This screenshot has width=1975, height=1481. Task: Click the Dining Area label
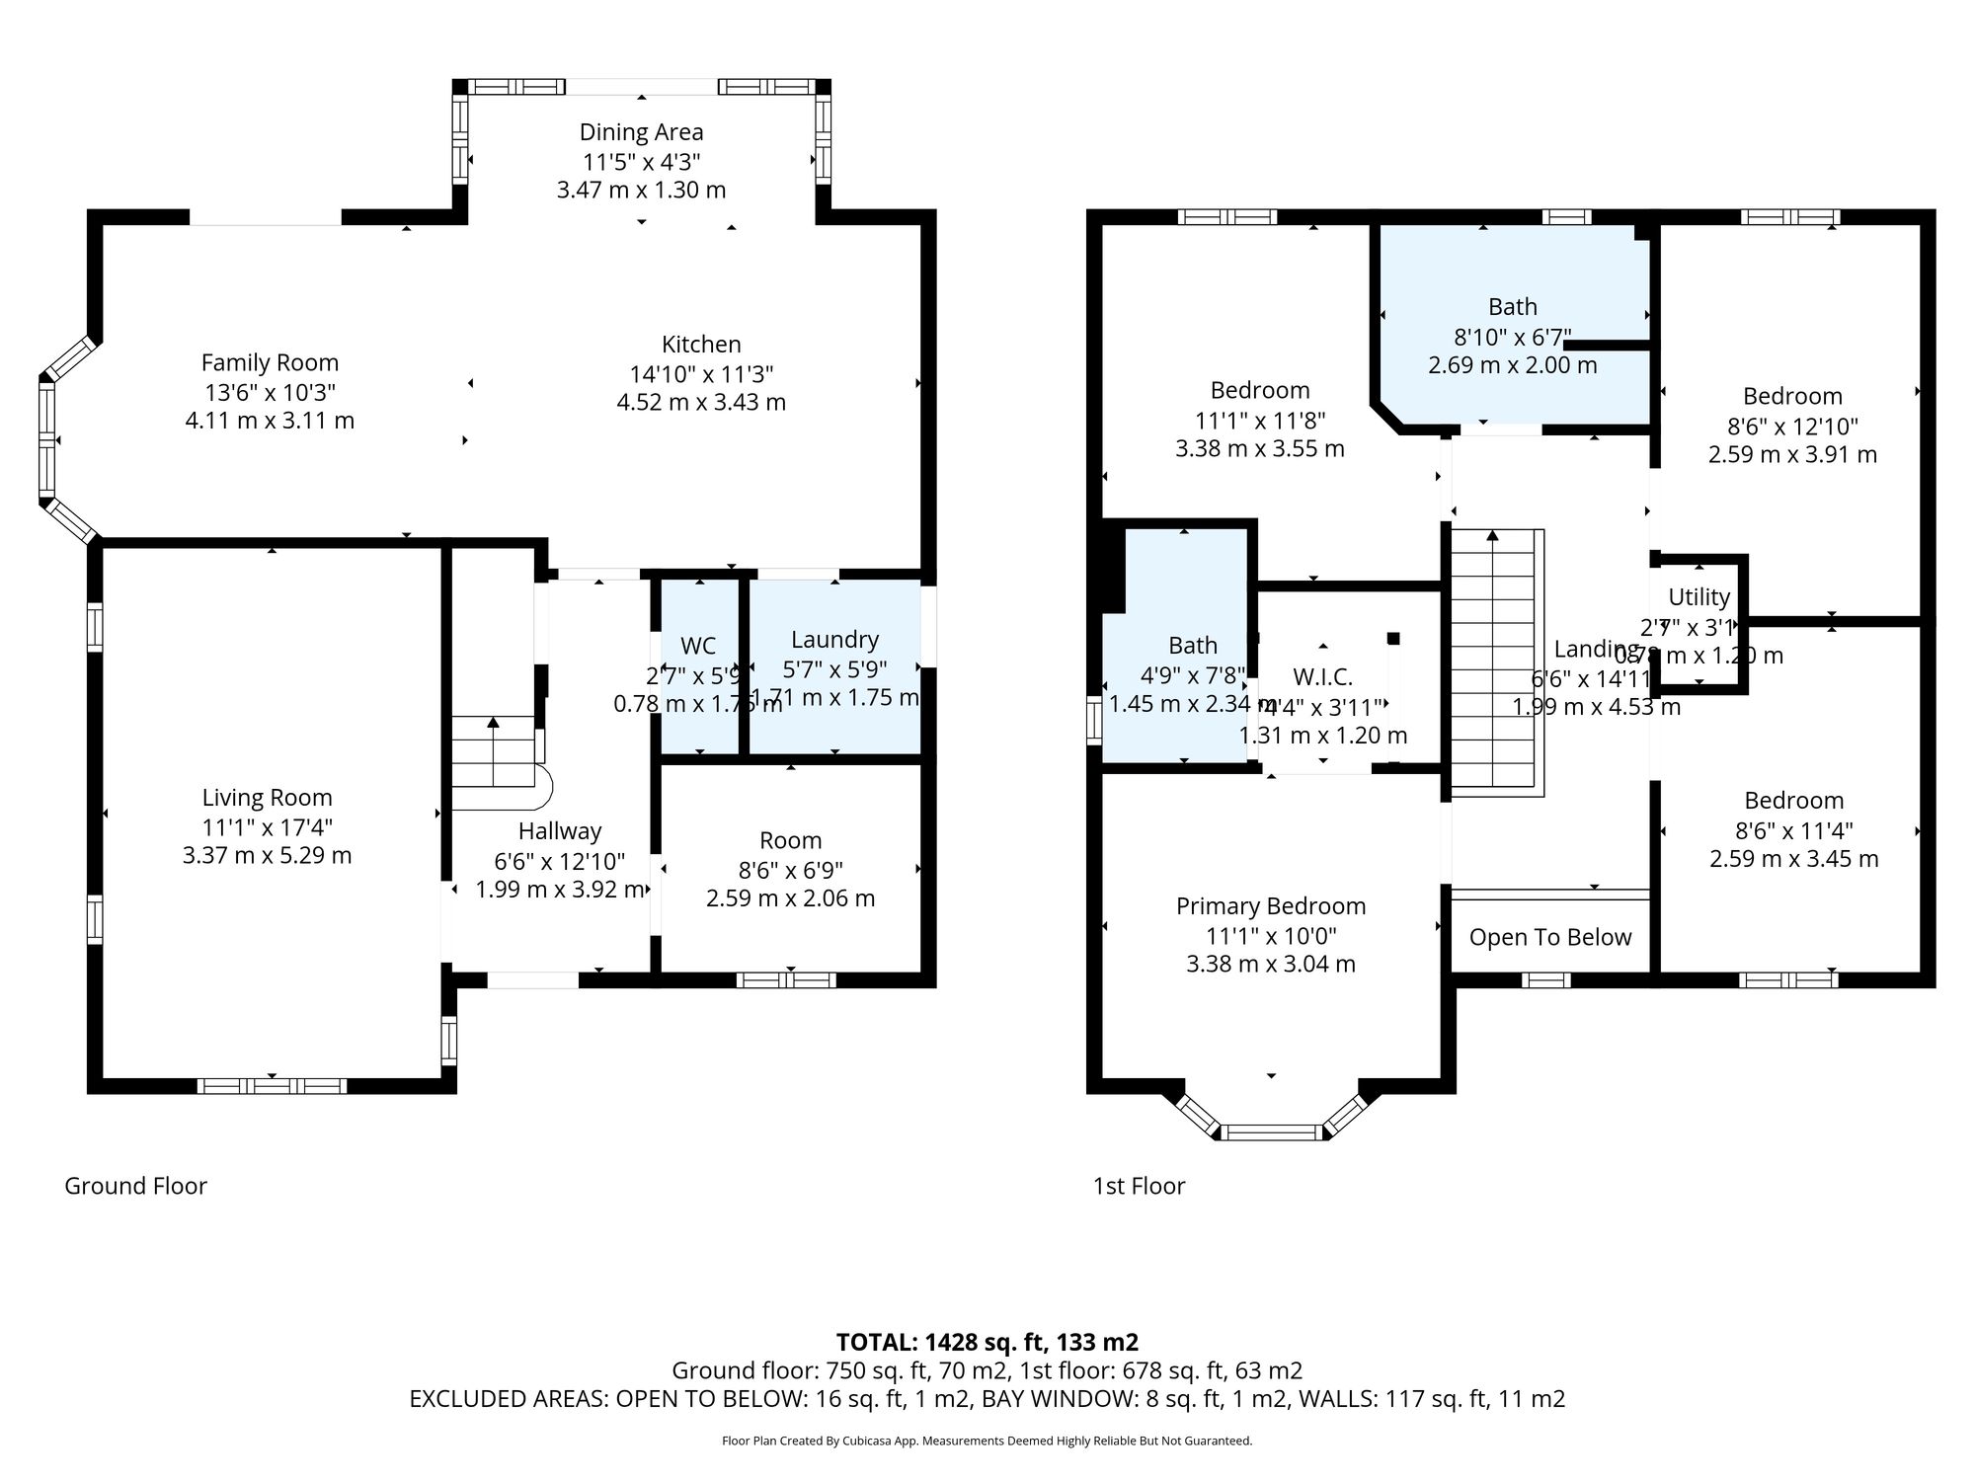641,132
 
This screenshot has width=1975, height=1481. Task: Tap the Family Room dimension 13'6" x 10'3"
269,392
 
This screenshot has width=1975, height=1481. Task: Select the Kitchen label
701,345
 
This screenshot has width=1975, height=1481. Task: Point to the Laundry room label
834,640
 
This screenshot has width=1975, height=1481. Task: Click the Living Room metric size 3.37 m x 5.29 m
267,855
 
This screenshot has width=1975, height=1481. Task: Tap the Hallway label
560,831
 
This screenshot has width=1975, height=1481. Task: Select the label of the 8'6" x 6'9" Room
790,840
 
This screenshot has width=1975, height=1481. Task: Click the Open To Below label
1550,937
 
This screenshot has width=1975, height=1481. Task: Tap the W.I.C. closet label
1322,677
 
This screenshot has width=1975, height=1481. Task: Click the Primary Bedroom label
1271,906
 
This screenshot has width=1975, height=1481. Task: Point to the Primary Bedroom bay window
1271,1131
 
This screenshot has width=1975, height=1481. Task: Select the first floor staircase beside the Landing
1494,662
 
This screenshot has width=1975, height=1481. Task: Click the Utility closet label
1698,597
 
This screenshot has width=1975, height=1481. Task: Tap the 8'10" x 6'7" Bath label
1512,307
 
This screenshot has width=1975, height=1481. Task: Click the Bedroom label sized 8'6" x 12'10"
1792,397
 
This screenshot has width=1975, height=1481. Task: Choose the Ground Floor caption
135,1186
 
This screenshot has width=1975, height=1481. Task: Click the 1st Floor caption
1139,1186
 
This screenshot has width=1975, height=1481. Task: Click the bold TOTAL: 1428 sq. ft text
987,1342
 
